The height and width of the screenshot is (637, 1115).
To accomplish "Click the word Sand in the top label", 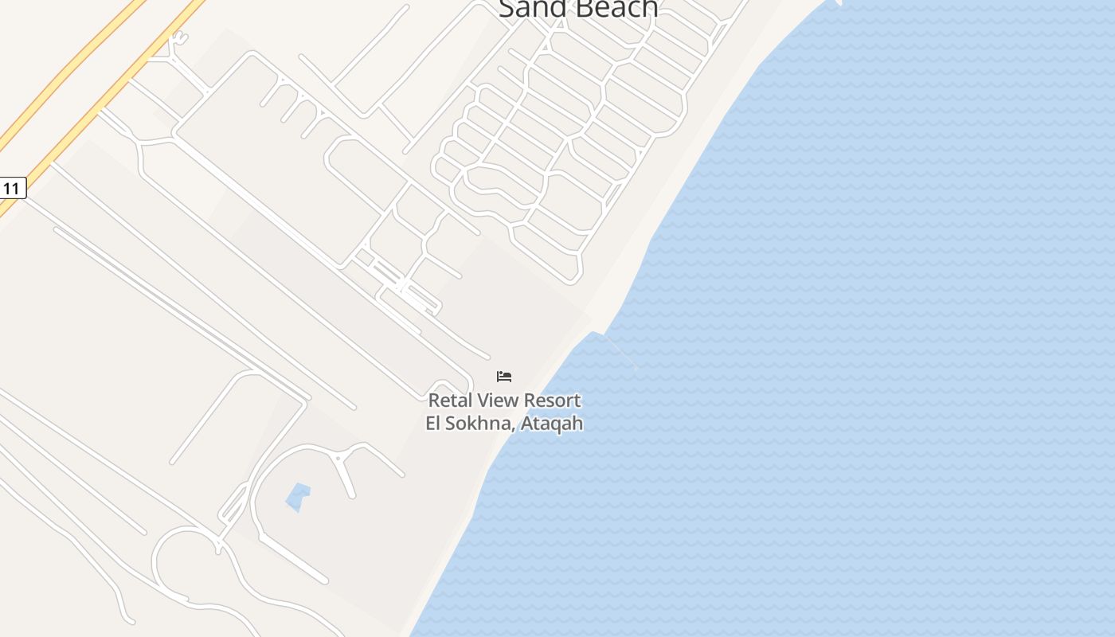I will [x=529, y=8].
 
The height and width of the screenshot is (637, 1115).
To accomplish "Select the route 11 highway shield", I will [x=11, y=188].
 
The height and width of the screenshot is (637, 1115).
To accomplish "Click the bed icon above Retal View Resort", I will [x=504, y=377].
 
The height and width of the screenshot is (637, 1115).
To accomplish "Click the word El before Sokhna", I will [x=433, y=423].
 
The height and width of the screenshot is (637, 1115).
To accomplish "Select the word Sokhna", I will [x=476, y=423].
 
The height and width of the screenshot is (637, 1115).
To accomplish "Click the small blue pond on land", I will [x=298, y=497].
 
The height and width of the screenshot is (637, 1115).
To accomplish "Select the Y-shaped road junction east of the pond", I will [x=339, y=459].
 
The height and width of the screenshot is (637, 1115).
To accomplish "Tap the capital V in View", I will [x=482, y=401].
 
